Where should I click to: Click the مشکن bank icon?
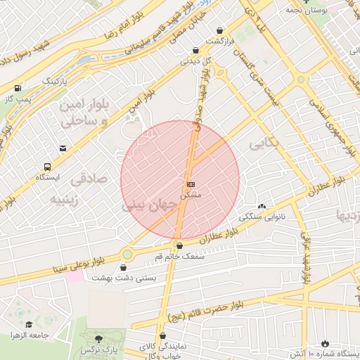pyautogui.click(x=190, y=184)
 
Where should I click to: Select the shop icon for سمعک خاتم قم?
pyautogui.click(x=180, y=246)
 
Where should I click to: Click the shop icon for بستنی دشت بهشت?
pyautogui.click(x=124, y=267)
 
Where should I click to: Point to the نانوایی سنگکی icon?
pyautogui.click(x=262, y=206)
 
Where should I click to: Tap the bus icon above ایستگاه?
pyautogui.click(x=47, y=167)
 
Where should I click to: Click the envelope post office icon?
pyautogui.click(x=63, y=148)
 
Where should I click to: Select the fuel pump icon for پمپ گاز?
pyautogui.click(x=18, y=88)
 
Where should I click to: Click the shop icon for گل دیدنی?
pyautogui.click(x=195, y=50)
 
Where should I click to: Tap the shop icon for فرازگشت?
pyautogui.click(x=222, y=31)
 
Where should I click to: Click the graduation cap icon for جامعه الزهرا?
pyautogui.click(x=29, y=324)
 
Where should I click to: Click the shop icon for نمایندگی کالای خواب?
pyautogui.click(x=162, y=336)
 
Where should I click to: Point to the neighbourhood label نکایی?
pyautogui.click(x=264, y=143)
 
